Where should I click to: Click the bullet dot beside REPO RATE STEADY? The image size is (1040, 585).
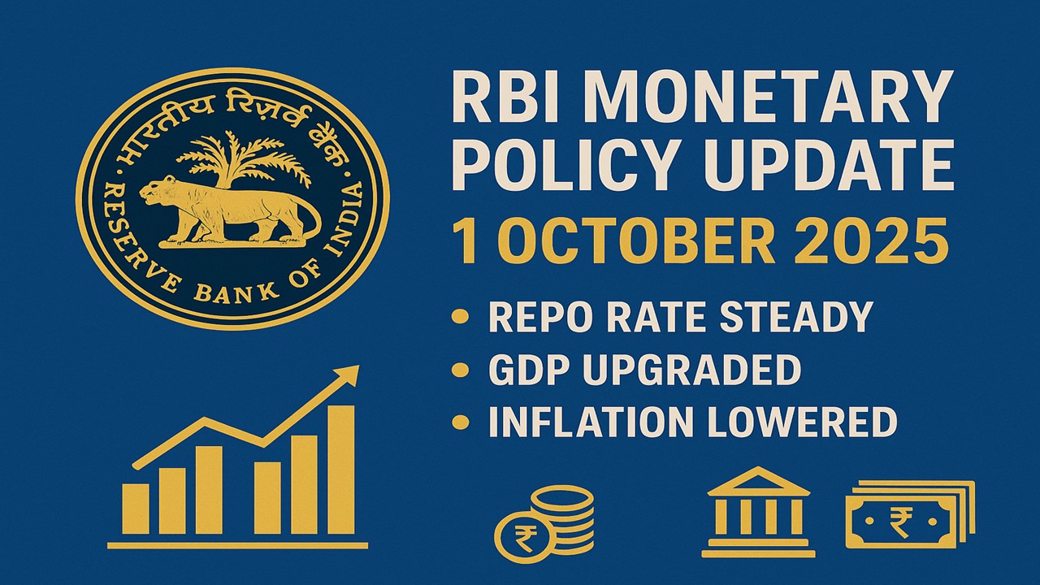click(461, 317)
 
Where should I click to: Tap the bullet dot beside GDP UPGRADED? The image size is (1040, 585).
click(461, 370)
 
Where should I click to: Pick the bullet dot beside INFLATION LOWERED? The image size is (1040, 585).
click(461, 422)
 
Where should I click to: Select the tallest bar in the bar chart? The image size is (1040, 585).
click(341, 470)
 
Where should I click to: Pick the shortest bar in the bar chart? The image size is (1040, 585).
click(136, 509)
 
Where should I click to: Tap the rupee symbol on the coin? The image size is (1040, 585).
click(526, 536)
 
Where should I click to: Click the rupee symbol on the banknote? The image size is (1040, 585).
click(901, 522)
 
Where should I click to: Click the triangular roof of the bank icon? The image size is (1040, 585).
click(758, 481)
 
